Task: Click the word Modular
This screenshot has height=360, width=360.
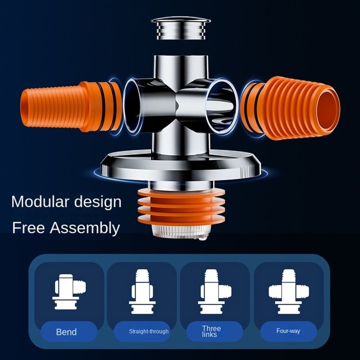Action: point(40,201)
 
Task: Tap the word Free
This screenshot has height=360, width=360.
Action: point(28,227)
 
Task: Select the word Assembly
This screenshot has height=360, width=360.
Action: point(85,228)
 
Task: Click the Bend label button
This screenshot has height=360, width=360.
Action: point(66,332)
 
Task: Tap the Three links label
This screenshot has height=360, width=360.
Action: point(211,332)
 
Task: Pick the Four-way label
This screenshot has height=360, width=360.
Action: point(288,331)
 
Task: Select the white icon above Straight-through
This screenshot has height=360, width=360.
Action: point(142,291)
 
